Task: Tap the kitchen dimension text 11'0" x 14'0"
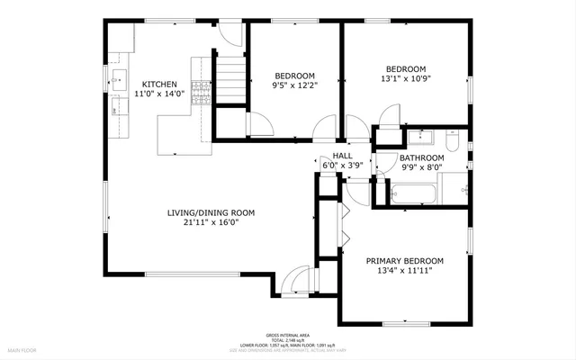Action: pos(158,94)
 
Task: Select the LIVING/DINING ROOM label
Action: pos(211,213)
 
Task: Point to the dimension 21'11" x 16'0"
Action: pos(211,223)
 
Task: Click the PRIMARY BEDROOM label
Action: pos(404,260)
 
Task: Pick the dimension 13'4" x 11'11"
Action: pos(404,270)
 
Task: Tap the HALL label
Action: pos(342,156)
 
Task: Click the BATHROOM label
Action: pos(422,157)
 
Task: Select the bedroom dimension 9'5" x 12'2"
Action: pos(294,85)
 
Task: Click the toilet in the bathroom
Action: pos(453,139)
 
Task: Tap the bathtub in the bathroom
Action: pos(413,193)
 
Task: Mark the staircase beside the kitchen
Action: pos(233,82)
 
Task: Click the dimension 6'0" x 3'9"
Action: pos(342,166)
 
